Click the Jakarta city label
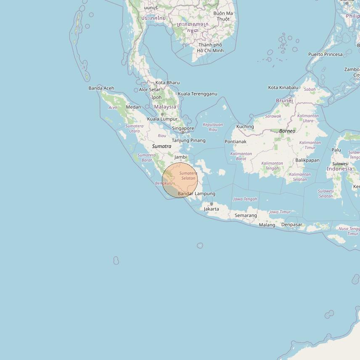click(x=211, y=209)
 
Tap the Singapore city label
click(x=183, y=128)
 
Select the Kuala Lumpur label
click(x=162, y=119)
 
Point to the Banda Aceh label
click(x=101, y=88)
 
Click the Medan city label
click(x=133, y=107)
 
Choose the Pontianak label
click(x=236, y=142)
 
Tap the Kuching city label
click(x=245, y=127)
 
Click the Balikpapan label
click(x=307, y=160)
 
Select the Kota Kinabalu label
click(x=283, y=87)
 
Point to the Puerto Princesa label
click(x=326, y=54)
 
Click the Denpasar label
click(x=292, y=225)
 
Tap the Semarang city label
click(x=246, y=215)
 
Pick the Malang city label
click(x=267, y=225)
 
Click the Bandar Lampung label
click(x=196, y=194)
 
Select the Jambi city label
click(x=180, y=157)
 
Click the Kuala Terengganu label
click(x=198, y=94)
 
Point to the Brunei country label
click(x=284, y=101)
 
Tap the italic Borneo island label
click(x=287, y=131)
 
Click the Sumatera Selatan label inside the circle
click(x=188, y=176)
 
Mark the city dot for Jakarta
click(x=212, y=204)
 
